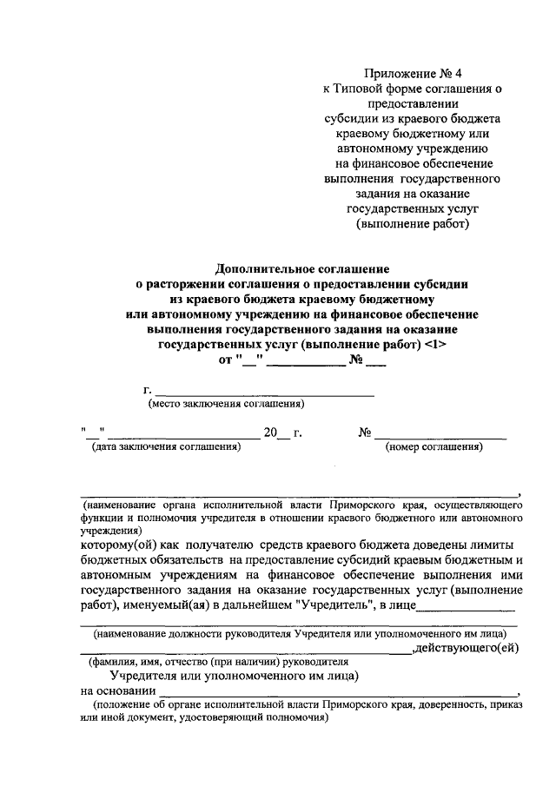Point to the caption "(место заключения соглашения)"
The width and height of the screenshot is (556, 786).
(x=227, y=404)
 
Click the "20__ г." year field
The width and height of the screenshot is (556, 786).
(x=281, y=433)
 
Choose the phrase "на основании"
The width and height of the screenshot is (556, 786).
(x=116, y=690)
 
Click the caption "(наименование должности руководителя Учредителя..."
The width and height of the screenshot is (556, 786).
(x=300, y=634)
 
